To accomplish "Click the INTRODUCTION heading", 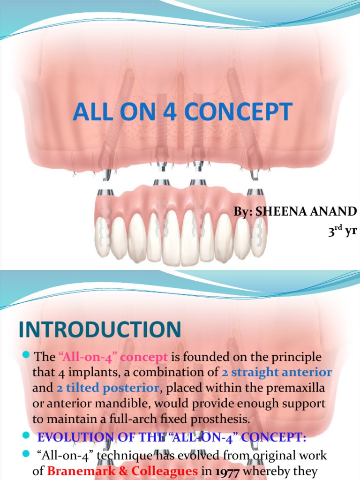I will click(100, 330).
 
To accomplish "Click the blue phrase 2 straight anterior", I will click(277, 373).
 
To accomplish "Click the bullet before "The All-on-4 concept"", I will click(26, 356).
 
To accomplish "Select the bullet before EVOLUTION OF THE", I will click(26, 437).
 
